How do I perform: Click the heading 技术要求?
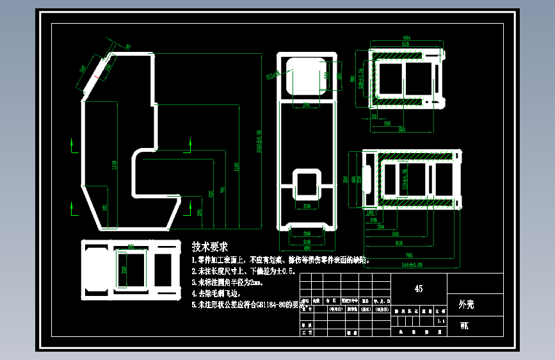[x=210, y=247]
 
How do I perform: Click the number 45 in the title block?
[x=418, y=289]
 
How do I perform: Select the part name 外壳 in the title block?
[x=467, y=305]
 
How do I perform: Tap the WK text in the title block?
[x=464, y=326]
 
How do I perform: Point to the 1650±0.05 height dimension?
[x=259, y=141]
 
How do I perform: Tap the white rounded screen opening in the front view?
[x=306, y=76]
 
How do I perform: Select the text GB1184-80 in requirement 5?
[x=273, y=305]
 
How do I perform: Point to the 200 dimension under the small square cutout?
[x=307, y=207]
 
